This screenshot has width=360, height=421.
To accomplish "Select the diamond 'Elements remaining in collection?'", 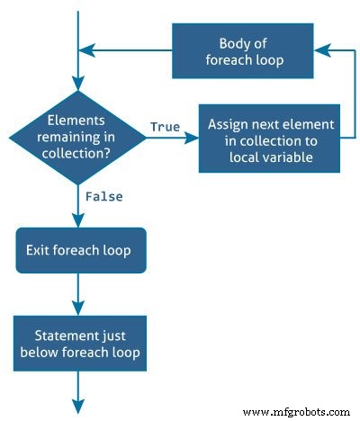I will point(76,136).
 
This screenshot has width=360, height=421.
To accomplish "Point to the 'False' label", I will point(103,195).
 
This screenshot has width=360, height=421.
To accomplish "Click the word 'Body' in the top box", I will point(236,44).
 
